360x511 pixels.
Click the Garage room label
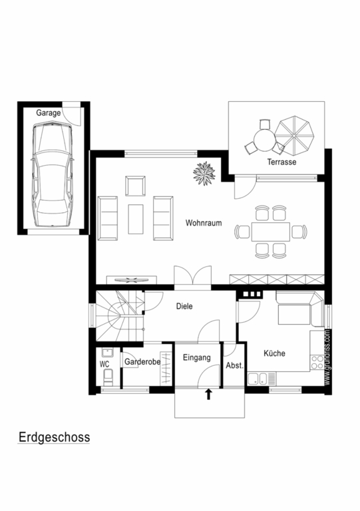(48, 113)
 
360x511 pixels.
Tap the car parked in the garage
(52, 174)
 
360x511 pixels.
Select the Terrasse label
(281, 162)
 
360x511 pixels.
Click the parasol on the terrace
(294, 135)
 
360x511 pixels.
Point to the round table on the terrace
(265, 140)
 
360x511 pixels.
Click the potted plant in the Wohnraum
(204, 174)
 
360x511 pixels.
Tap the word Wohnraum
(204, 223)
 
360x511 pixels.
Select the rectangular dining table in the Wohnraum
(270, 232)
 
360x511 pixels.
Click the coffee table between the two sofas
(136, 219)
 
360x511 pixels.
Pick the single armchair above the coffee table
(136, 186)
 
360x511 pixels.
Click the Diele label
(184, 306)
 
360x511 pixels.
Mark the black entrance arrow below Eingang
(208, 394)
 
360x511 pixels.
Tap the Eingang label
(197, 358)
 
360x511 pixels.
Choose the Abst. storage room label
(235, 366)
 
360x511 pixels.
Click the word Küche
(274, 353)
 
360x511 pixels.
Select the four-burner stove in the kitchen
(317, 362)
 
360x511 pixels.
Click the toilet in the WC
(108, 377)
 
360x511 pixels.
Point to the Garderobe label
(142, 362)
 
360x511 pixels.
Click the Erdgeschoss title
(54, 437)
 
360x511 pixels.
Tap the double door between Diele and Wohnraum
(193, 277)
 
